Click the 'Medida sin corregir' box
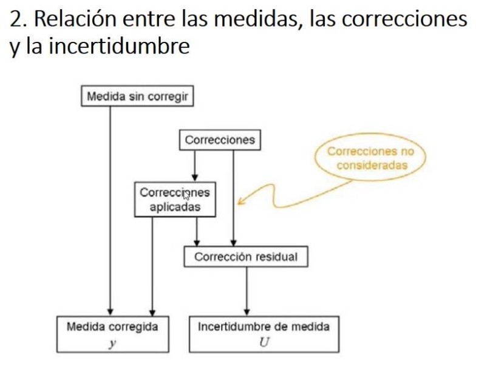point(137,96)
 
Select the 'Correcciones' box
point(220,140)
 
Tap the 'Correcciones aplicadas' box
point(175,200)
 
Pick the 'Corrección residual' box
point(246,257)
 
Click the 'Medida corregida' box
point(112,333)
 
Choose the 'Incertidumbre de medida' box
point(264,333)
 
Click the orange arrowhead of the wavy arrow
point(241,201)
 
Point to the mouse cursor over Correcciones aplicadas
point(186,195)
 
